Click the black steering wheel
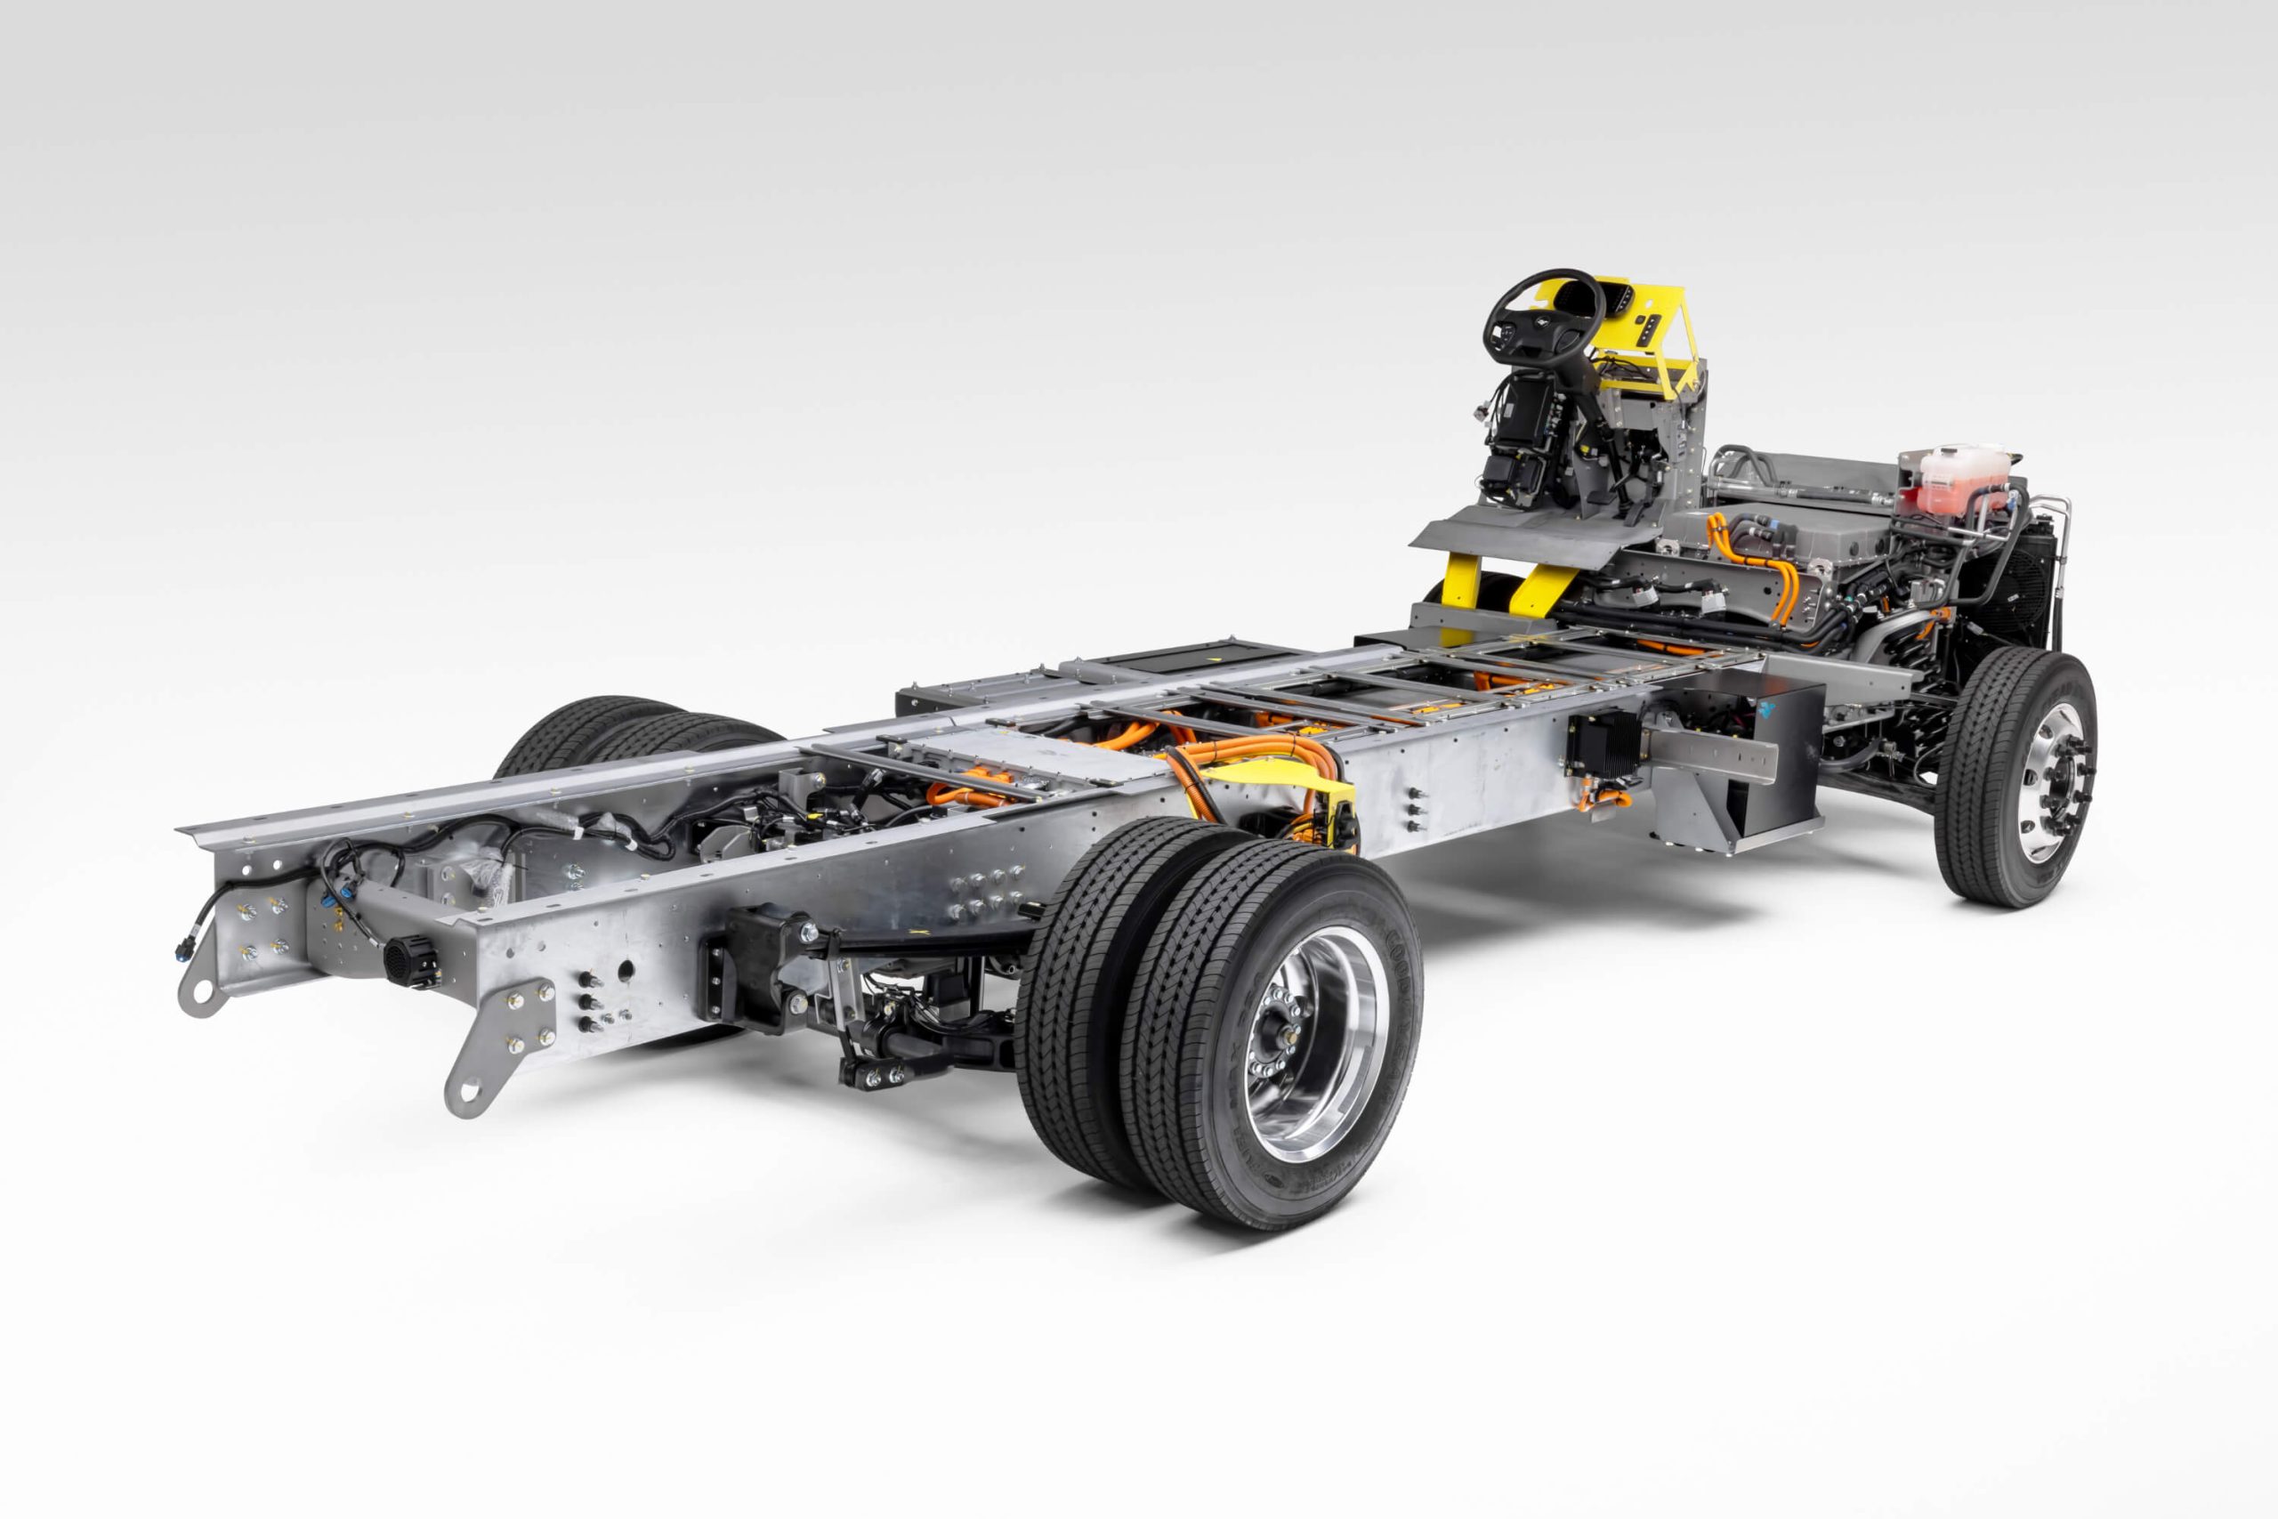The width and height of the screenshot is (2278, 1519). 1541,320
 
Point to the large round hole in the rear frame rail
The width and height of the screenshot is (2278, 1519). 625,968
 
